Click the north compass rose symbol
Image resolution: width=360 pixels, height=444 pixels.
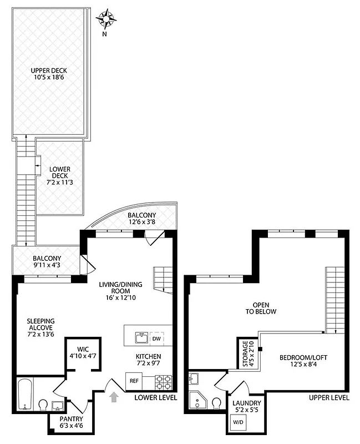[x=106, y=19]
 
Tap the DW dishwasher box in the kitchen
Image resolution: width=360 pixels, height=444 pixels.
[x=157, y=338]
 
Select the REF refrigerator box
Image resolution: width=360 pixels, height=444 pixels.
[x=134, y=381]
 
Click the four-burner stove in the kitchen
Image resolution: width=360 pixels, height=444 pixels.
[x=163, y=381]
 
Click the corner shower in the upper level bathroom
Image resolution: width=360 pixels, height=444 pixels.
[x=197, y=401]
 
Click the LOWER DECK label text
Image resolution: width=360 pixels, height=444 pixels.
[x=59, y=175]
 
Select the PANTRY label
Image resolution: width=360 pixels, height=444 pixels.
[x=72, y=422]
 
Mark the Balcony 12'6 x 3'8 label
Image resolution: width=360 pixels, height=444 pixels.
[x=141, y=219]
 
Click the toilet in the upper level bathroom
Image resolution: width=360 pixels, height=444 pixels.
[x=216, y=402]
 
